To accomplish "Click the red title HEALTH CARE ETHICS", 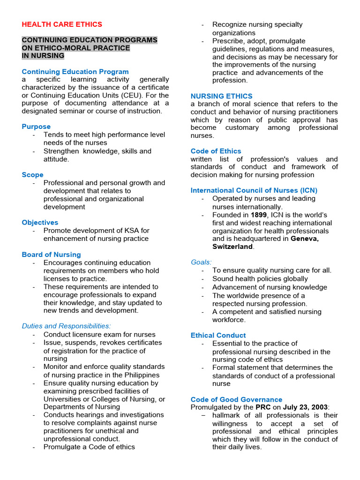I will pyautogui.click(x=62, y=24).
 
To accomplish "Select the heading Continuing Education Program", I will pyautogui.click(x=75, y=72).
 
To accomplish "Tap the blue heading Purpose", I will pyautogui.click(x=36, y=127).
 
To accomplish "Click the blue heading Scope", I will pyautogui.click(x=32, y=175).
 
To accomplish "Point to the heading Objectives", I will pyautogui.click(x=40, y=223).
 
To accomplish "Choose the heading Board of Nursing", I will pyautogui.click(x=51, y=255).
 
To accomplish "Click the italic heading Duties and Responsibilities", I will pyautogui.click(x=66, y=326).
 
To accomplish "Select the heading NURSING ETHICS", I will pyautogui.click(x=221, y=96).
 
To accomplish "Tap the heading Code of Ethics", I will pyautogui.click(x=216, y=151).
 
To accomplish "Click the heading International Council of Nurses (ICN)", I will pyautogui.click(x=254, y=190).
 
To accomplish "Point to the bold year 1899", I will pyautogui.click(x=258, y=215).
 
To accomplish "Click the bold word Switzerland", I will pyautogui.click(x=232, y=247).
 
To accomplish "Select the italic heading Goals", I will pyautogui.click(x=201, y=262).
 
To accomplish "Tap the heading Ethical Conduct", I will pyautogui.click(x=218, y=335).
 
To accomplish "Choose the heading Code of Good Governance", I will pyautogui.click(x=236, y=399).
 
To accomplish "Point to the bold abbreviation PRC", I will pyautogui.click(x=263, y=407).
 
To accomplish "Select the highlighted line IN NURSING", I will pyautogui.click(x=43, y=56).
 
